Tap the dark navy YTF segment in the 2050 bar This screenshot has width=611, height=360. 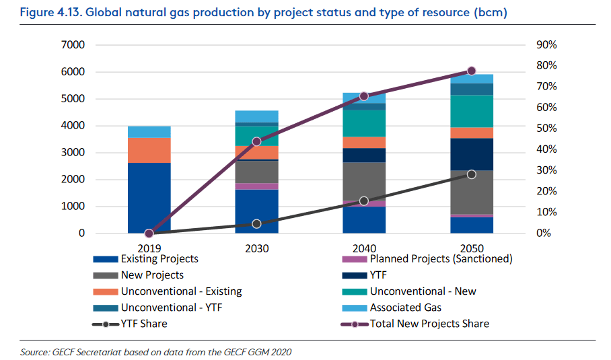[471, 154]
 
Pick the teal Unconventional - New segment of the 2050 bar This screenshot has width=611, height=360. [471, 111]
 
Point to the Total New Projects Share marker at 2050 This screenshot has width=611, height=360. [471, 71]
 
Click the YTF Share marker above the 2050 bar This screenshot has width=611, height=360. [471, 174]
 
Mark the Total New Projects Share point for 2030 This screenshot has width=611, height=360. [256, 141]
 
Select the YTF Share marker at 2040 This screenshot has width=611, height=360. [364, 201]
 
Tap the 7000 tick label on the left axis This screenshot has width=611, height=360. [72, 45]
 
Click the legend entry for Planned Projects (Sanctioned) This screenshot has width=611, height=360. [441, 258]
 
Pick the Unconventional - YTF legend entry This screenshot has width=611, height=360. [172, 308]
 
